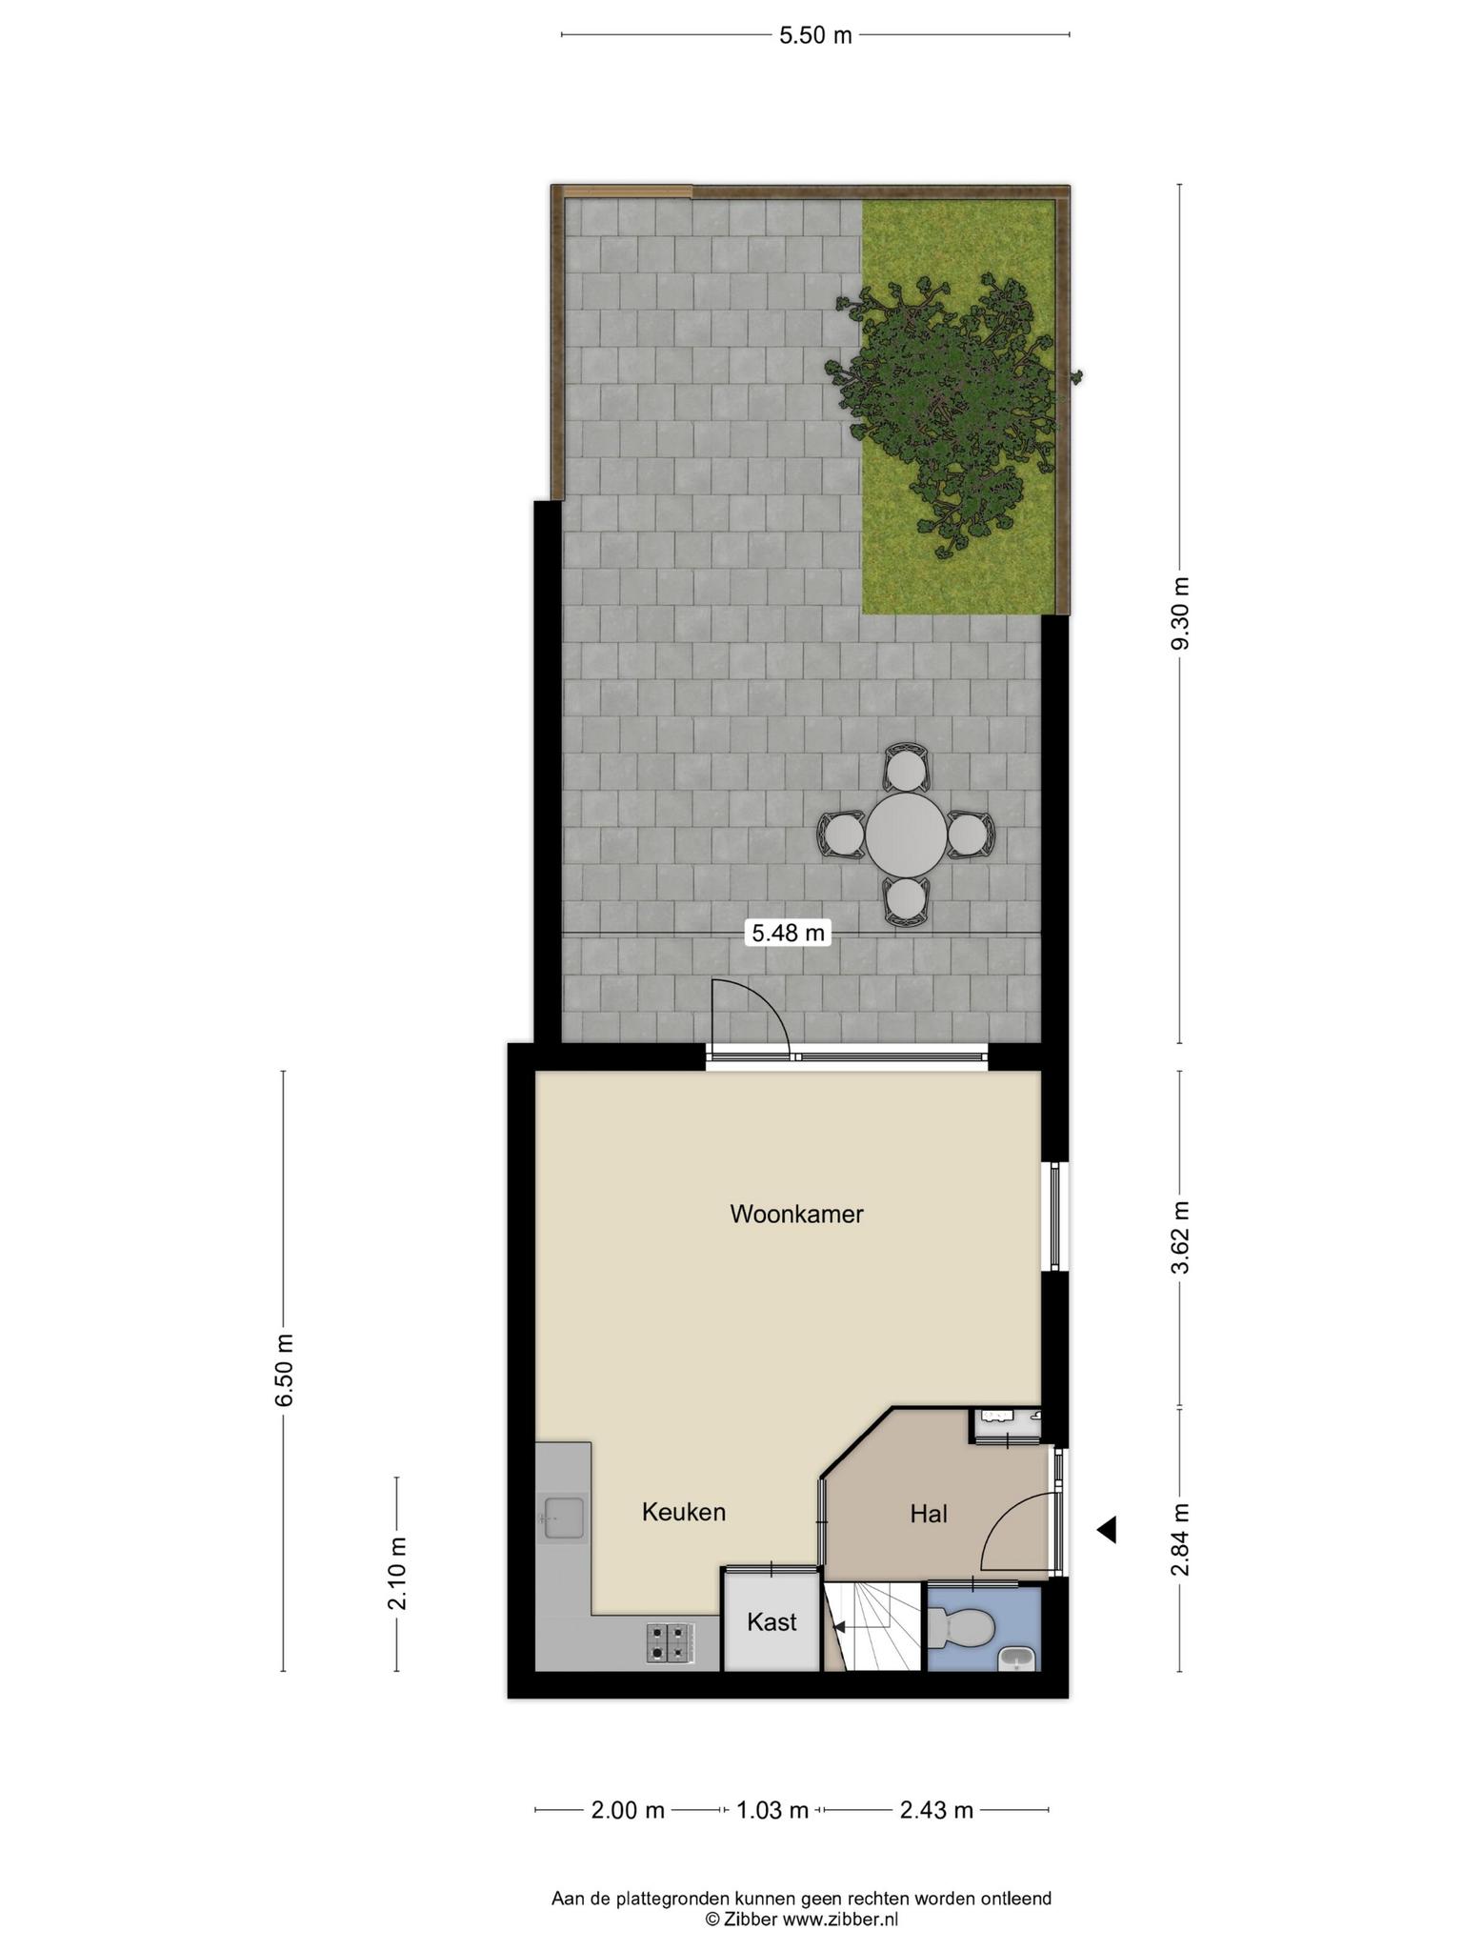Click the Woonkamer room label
click(796, 1214)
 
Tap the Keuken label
click(684, 1512)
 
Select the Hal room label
click(929, 1513)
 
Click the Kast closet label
click(772, 1620)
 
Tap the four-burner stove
click(671, 1643)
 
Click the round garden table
click(906, 835)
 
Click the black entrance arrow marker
click(1106, 1531)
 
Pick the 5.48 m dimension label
click(788, 933)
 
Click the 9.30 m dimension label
click(1181, 613)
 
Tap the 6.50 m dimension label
click(284, 1370)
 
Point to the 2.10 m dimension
click(397, 1574)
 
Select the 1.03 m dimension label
click(772, 1810)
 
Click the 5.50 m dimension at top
click(815, 36)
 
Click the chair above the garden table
click(906, 768)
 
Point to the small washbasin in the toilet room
click(1016, 1659)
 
